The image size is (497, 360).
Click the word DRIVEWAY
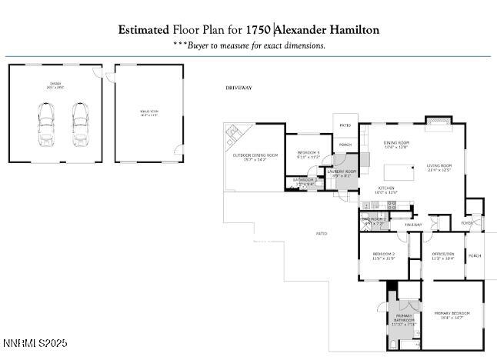238,88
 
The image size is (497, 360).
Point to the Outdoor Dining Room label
255,158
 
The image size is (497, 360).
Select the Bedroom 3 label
308,155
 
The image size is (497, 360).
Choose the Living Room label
439,167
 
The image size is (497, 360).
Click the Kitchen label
385,188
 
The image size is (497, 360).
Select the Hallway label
414,225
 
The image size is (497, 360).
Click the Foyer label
467,224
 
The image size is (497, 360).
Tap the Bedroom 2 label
383,256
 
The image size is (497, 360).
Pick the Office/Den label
442,256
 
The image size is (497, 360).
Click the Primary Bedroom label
452,315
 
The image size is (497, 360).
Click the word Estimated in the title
143,30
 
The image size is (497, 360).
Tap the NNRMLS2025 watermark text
35,342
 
